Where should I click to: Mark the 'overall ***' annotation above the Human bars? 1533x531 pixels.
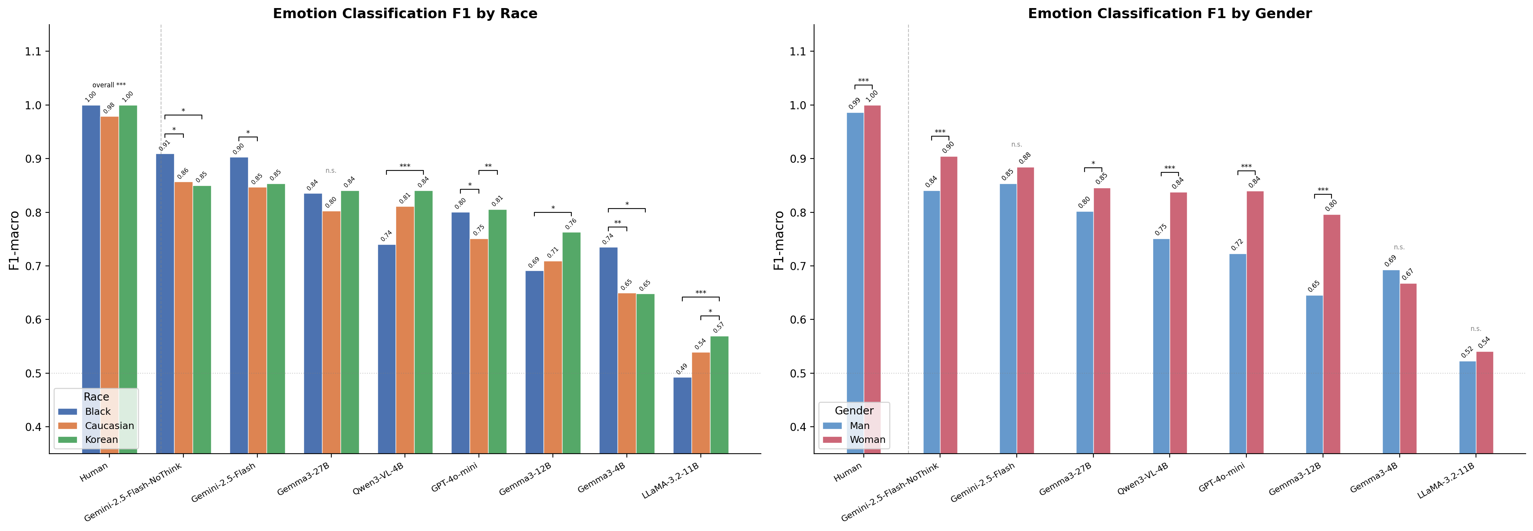[109, 85]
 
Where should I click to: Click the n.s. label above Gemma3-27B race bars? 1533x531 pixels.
[331, 171]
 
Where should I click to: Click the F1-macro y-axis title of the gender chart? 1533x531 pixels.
[779, 240]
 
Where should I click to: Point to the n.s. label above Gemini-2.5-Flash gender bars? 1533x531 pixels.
[1016, 145]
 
